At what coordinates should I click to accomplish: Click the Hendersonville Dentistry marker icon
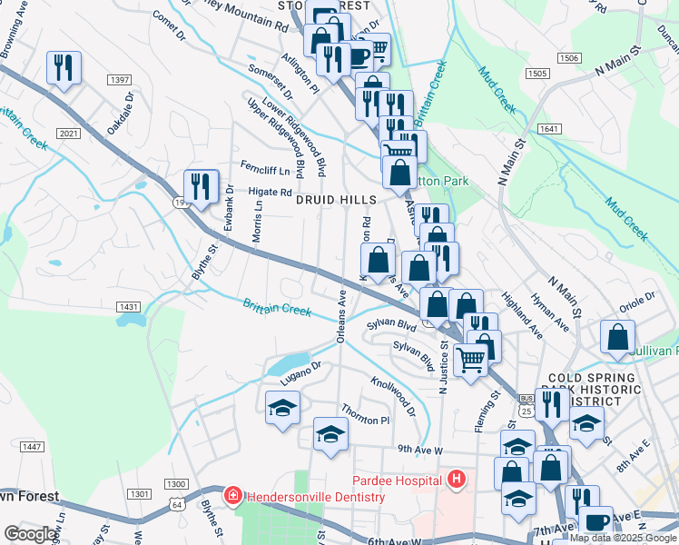click(x=233, y=496)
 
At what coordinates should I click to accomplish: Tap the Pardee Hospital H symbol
click(x=457, y=480)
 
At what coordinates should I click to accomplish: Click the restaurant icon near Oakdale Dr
click(x=64, y=67)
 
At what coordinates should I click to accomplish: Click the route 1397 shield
click(x=119, y=81)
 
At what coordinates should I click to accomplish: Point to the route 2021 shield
click(x=67, y=134)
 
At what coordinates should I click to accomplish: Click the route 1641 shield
click(x=548, y=129)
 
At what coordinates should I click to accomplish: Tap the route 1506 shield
click(x=569, y=57)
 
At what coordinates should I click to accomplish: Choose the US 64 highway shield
click(x=176, y=503)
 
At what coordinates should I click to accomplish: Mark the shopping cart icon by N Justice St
click(x=470, y=360)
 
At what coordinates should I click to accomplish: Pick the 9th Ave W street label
click(x=418, y=450)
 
